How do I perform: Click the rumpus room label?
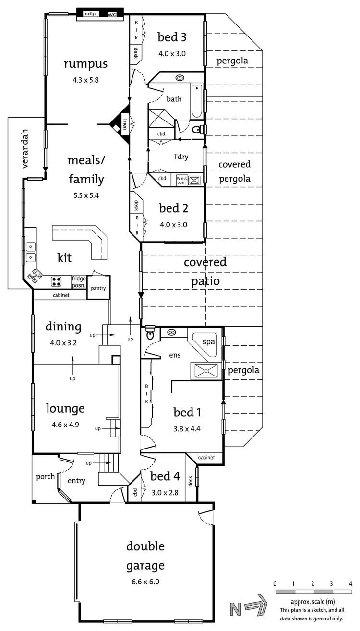pyautogui.click(x=86, y=64)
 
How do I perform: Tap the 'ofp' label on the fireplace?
pyautogui.click(x=91, y=14)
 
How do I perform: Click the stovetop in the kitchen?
pyautogui.click(x=56, y=281)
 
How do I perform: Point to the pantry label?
pyautogui.click(x=99, y=288)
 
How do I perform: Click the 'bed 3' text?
pyautogui.click(x=172, y=37)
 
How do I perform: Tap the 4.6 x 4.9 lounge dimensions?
pyautogui.click(x=65, y=424)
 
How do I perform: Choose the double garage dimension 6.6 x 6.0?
pyautogui.click(x=145, y=582)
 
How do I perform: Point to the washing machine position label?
pyautogui.click(x=182, y=180)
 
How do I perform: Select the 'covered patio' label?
pyautogui.click(x=205, y=271)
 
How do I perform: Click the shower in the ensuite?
pyautogui.click(x=207, y=370)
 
